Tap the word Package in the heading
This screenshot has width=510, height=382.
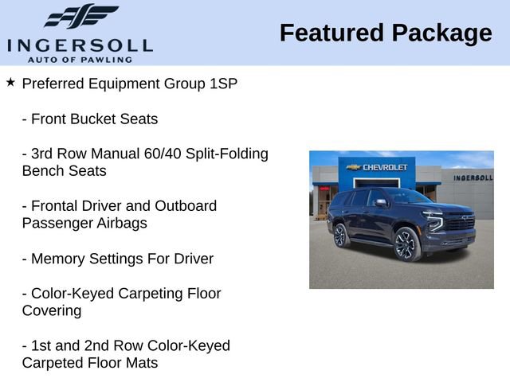(441, 33)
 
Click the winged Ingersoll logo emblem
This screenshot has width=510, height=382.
(80, 16)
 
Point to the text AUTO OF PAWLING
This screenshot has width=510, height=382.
(80, 59)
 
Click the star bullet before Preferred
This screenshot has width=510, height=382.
(10, 82)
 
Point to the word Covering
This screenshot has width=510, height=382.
(52, 311)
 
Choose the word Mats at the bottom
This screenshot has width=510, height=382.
(139, 364)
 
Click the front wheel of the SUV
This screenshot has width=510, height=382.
(406, 244)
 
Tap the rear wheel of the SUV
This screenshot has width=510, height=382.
(341, 235)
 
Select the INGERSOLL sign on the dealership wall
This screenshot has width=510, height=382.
(472, 177)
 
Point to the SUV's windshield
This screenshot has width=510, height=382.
(406, 197)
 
